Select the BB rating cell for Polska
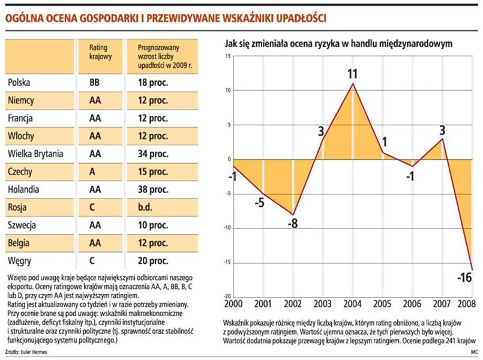[x=94, y=82]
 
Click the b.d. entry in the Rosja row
[x=145, y=208]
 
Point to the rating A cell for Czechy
[x=92, y=172]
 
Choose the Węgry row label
[x=19, y=261]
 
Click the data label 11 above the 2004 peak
[x=352, y=74]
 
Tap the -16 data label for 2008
[x=464, y=278]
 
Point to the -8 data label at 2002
[x=293, y=223]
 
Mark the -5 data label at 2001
[x=259, y=202]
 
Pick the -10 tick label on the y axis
[x=226, y=228]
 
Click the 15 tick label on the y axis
[x=227, y=56]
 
